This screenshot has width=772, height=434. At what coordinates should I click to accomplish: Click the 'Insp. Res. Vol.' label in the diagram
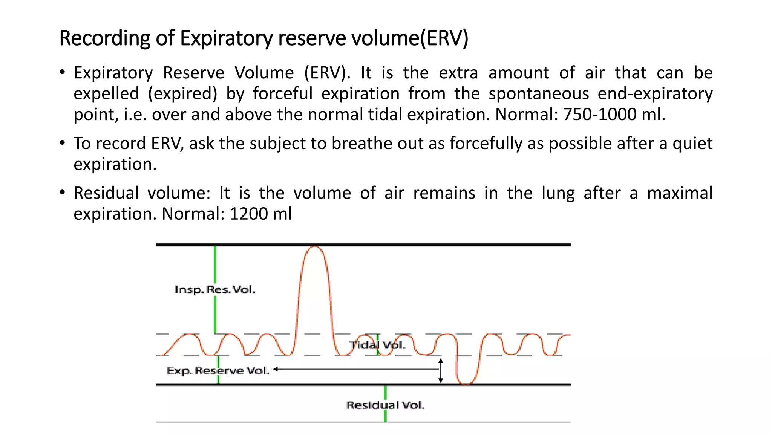coord(215,290)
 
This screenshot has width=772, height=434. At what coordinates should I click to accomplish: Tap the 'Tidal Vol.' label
coord(377,345)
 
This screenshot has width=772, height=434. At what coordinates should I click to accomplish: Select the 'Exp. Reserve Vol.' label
coord(218,371)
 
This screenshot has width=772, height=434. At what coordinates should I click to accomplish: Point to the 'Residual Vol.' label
coord(385,405)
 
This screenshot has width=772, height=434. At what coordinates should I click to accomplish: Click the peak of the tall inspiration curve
coord(314,247)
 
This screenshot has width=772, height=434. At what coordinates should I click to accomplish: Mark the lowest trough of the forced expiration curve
coord(466,384)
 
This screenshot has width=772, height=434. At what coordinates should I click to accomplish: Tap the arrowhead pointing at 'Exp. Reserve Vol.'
coord(276,369)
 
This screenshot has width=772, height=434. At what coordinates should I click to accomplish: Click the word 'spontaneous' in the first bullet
coord(539,93)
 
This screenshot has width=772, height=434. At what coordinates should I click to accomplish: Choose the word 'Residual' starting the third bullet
coord(106,193)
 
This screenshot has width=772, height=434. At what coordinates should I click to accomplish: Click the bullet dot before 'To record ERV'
coord(63,143)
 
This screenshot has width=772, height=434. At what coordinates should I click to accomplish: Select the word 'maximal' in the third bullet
coord(680,193)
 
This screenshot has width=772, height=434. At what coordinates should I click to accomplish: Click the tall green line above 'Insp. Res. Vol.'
coord(215,264)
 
